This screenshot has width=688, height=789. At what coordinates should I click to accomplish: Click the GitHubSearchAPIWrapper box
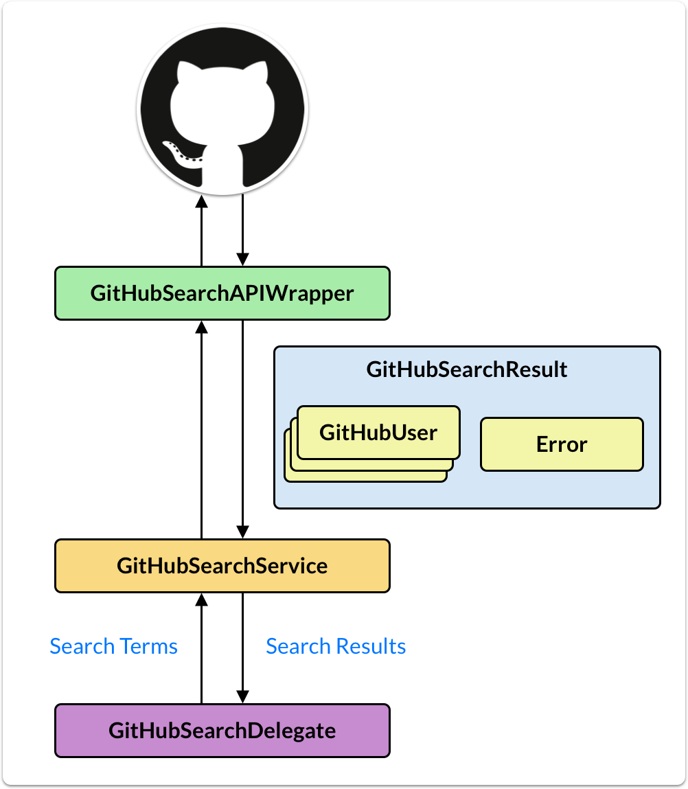click(x=222, y=293)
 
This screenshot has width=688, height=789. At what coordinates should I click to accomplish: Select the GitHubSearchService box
click(x=222, y=566)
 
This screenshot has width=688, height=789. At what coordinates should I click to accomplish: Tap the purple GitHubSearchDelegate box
click(x=222, y=731)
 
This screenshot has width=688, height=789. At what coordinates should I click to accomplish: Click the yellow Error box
click(x=562, y=444)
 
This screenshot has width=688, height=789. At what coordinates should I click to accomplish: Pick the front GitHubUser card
click(x=378, y=433)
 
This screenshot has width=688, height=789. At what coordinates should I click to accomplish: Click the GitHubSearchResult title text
click(x=467, y=369)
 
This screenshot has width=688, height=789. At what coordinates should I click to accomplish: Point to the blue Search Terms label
click(x=114, y=646)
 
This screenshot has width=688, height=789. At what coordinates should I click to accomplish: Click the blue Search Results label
click(x=336, y=646)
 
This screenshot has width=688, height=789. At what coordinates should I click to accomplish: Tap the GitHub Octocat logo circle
click(x=222, y=110)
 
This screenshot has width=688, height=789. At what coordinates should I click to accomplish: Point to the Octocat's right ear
click(x=259, y=72)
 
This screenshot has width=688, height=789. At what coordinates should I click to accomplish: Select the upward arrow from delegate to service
click(x=201, y=648)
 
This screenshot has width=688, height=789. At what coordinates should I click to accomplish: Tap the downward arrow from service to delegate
click(x=242, y=648)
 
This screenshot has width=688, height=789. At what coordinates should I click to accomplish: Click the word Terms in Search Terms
click(x=148, y=646)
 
